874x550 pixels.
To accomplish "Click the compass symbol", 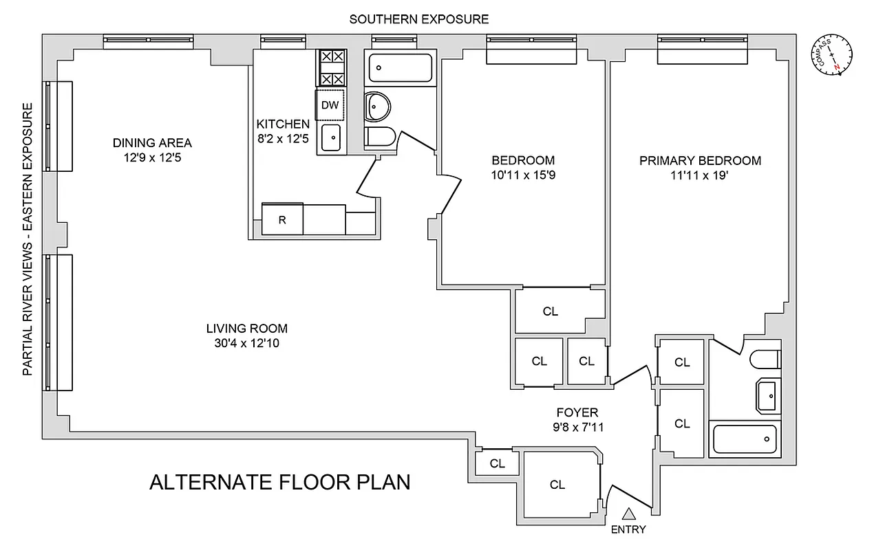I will tap(831, 54).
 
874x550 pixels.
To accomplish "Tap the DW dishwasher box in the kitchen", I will tap(330, 105).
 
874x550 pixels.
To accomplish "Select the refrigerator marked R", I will tap(282, 220).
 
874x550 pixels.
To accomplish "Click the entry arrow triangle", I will tap(629, 514).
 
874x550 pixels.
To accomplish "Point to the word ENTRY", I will tap(628, 529).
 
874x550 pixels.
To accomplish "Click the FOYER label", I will tap(577, 412).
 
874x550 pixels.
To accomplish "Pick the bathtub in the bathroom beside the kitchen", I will tap(400, 68).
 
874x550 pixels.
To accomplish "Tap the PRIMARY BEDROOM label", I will tap(700, 161).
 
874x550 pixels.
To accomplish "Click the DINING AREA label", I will tap(152, 143).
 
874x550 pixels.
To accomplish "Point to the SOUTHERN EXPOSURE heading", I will tap(418, 19).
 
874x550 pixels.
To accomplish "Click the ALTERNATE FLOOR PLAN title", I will tap(279, 482).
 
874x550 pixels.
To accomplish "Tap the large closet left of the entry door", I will tap(558, 485).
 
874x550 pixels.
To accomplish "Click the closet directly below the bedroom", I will tap(551, 311).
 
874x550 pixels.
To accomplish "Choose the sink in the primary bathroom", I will tap(769, 397).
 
